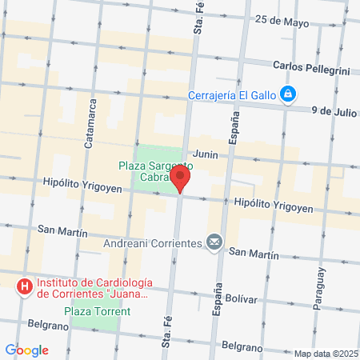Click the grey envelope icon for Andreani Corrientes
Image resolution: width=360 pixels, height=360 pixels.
214,241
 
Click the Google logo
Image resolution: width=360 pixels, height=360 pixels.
26,350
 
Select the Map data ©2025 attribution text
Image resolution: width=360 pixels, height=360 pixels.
325,354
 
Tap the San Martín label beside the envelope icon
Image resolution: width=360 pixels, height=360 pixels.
254,254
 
